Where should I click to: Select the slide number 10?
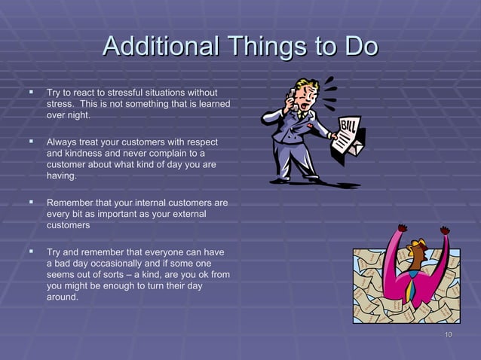(448, 335)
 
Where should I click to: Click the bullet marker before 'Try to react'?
(32, 92)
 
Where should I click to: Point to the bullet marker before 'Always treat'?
(32, 140)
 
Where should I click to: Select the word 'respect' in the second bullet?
(200, 142)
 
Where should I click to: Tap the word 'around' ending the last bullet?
(61, 297)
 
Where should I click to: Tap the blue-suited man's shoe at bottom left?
(280, 180)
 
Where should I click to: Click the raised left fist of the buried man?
(402, 228)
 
